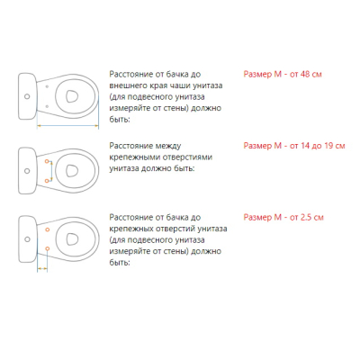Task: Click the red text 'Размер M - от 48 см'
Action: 283,74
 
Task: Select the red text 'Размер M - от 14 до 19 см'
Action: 294,146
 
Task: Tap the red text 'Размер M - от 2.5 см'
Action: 283,217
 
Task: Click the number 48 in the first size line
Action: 304,74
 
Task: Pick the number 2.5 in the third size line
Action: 305,217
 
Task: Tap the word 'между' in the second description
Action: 168,146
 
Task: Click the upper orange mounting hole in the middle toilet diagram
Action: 47,161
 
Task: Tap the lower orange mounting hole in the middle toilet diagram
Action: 47,181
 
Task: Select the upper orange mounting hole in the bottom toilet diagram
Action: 47,229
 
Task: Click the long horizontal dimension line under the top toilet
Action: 67,126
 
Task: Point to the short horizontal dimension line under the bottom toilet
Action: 42,268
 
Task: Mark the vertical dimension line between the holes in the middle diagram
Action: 51,171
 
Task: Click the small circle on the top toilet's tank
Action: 27,96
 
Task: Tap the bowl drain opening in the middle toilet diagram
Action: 72,171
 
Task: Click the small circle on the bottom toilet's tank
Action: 27,239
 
